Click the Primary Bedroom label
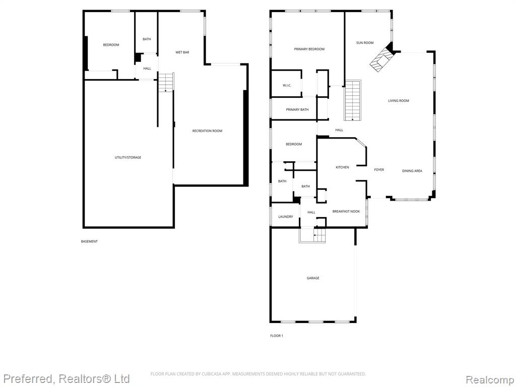click(309, 49)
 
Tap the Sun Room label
click(365, 43)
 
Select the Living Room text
click(398, 101)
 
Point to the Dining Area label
click(412, 171)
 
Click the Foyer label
click(379, 170)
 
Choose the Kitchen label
click(342, 167)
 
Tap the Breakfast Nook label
click(346, 211)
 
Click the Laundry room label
click(285, 217)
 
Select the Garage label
click(312, 278)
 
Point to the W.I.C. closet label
click(287, 86)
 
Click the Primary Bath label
click(297, 109)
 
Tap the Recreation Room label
click(207, 131)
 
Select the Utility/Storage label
click(127, 158)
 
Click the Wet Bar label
click(182, 52)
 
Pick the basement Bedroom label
click(111, 45)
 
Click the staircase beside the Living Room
click(352, 100)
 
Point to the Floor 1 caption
click(277, 336)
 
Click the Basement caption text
click(89, 241)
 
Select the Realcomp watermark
click(490, 379)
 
